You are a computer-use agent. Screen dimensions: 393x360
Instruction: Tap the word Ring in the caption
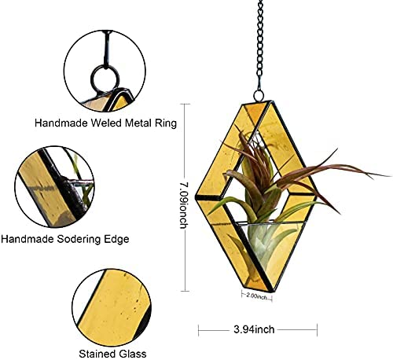click(166, 123)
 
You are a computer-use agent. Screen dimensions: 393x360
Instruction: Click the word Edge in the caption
click(116, 239)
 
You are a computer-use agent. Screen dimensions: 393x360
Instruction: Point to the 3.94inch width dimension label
click(254, 329)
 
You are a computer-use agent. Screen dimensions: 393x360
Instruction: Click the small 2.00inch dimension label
click(257, 296)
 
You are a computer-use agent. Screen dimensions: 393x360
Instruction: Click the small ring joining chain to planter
click(259, 95)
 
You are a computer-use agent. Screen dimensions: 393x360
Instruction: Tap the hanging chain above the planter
click(260, 45)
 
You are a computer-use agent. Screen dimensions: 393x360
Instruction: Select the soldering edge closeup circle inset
click(54, 186)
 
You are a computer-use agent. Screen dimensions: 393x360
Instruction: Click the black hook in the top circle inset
click(107, 49)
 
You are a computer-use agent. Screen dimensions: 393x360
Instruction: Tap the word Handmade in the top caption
click(61, 123)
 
